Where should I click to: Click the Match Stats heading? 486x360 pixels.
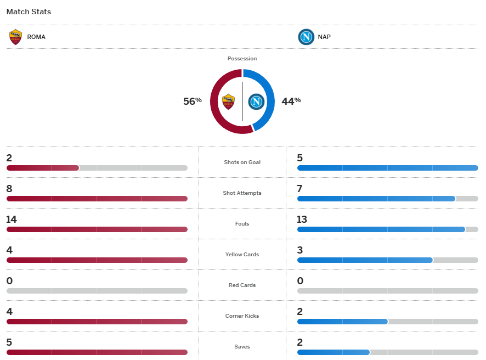click(29, 12)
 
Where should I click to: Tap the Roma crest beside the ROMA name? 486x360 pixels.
click(15, 37)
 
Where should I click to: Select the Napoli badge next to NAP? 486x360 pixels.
click(306, 37)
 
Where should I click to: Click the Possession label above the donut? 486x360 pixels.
click(242, 59)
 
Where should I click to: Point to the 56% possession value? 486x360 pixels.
click(193, 101)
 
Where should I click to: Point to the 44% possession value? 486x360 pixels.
click(291, 101)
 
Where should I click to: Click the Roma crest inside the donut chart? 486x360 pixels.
click(228, 102)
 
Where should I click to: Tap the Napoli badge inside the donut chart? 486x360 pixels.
click(256, 102)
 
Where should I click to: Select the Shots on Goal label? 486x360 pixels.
click(242, 162)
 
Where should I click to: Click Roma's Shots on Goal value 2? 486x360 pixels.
click(9, 158)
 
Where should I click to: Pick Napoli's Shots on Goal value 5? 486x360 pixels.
click(300, 158)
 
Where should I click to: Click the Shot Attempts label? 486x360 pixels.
click(242, 193)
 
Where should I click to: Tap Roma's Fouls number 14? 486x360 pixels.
click(12, 220)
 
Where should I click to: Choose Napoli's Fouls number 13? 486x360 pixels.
click(302, 220)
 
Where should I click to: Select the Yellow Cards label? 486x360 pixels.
click(242, 255)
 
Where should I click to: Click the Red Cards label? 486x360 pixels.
click(242, 285)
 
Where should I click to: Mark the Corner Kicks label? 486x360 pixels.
click(242, 316)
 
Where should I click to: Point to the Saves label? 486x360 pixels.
click(242, 347)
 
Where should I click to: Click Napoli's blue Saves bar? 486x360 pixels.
click(333, 352)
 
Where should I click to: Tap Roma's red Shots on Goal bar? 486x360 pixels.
click(43, 168)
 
